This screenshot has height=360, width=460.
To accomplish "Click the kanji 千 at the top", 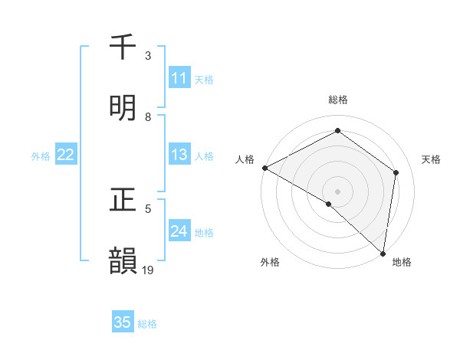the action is pyautogui.click(x=123, y=47).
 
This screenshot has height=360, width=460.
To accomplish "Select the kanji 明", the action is pyautogui.click(x=123, y=108).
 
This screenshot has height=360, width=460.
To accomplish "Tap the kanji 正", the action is pyautogui.click(x=123, y=201).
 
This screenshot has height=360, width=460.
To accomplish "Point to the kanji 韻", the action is pyautogui.click(x=123, y=261).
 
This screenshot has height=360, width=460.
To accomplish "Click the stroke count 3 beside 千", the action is pyautogui.click(x=148, y=56).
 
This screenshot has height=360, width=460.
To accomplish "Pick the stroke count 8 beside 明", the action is pyautogui.click(x=148, y=116).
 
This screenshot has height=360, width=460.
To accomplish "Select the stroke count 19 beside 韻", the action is pyautogui.click(x=149, y=270).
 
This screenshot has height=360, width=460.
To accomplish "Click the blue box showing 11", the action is pyautogui.click(x=179, y=78).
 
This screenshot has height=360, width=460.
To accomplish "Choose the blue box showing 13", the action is pyautogui.click(x=179, y=155).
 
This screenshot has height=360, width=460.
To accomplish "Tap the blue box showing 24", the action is pyautogui.click(x=179, y=232).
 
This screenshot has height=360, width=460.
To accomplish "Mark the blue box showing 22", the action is pyautogui.click(x=66, y=155).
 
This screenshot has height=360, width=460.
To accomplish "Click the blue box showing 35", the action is pyautogui.click(x=123, y=323).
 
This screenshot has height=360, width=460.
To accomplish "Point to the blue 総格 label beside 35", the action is pyautogui.click(x=147, y=324).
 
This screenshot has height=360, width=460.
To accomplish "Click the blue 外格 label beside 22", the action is pyautogui.click(x=41, y=156).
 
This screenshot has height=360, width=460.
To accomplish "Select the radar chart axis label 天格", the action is pyautogui.click(x=431, y=159).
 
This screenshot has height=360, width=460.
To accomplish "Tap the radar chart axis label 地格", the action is pyautogui.click(x=402, y=262).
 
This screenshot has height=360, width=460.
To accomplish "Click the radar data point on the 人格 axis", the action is pyautogui.click(x=264, y=168).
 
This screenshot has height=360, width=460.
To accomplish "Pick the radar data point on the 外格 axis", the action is pyautogui.click(x=329, y=204).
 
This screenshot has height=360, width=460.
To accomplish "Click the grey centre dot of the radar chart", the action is pyautogui.click(x=338, y=191).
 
